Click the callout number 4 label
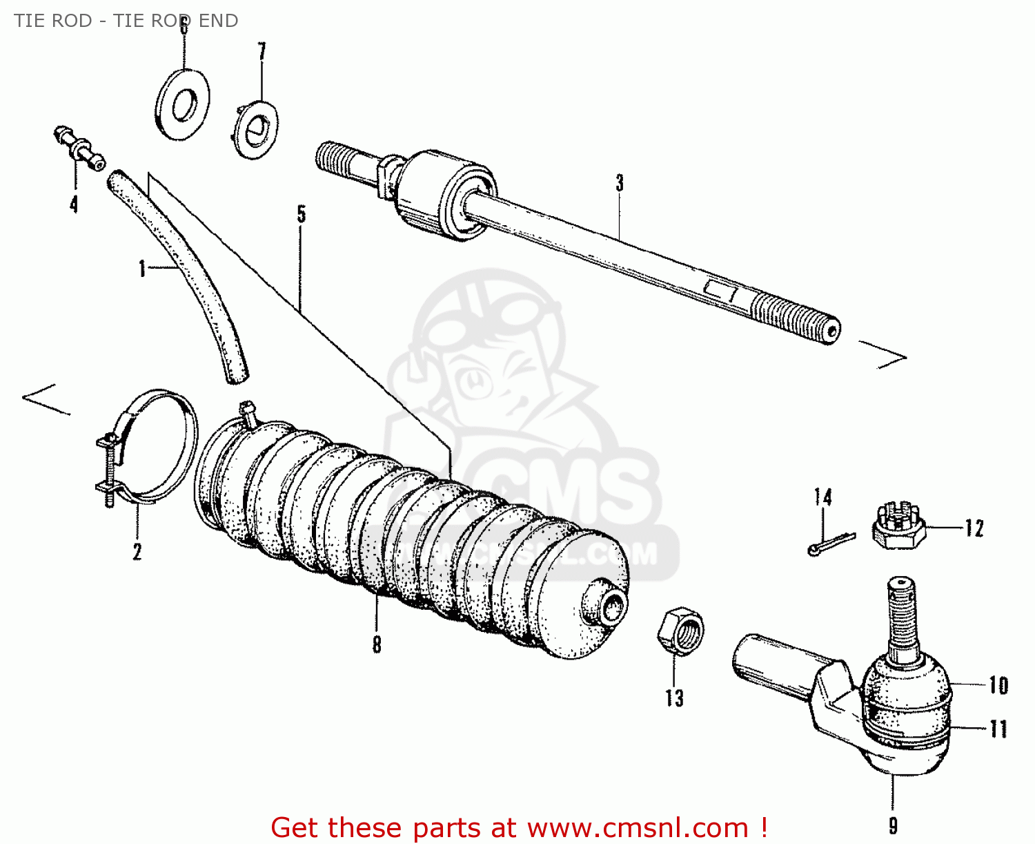pos(73,204)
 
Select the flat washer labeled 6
pos(182,104)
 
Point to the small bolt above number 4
pos(79,147)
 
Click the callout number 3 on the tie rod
pos(620,183)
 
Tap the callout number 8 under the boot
pos(377,644)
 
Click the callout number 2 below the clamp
pos(137,551)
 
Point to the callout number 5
pos(302,214)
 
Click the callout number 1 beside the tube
pos(142,268)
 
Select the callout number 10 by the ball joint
pos(998,685)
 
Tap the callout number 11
pos(998,729)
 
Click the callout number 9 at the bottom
pos(893,825)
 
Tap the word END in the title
pos(218,21)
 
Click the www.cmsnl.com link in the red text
pos(638,827)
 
